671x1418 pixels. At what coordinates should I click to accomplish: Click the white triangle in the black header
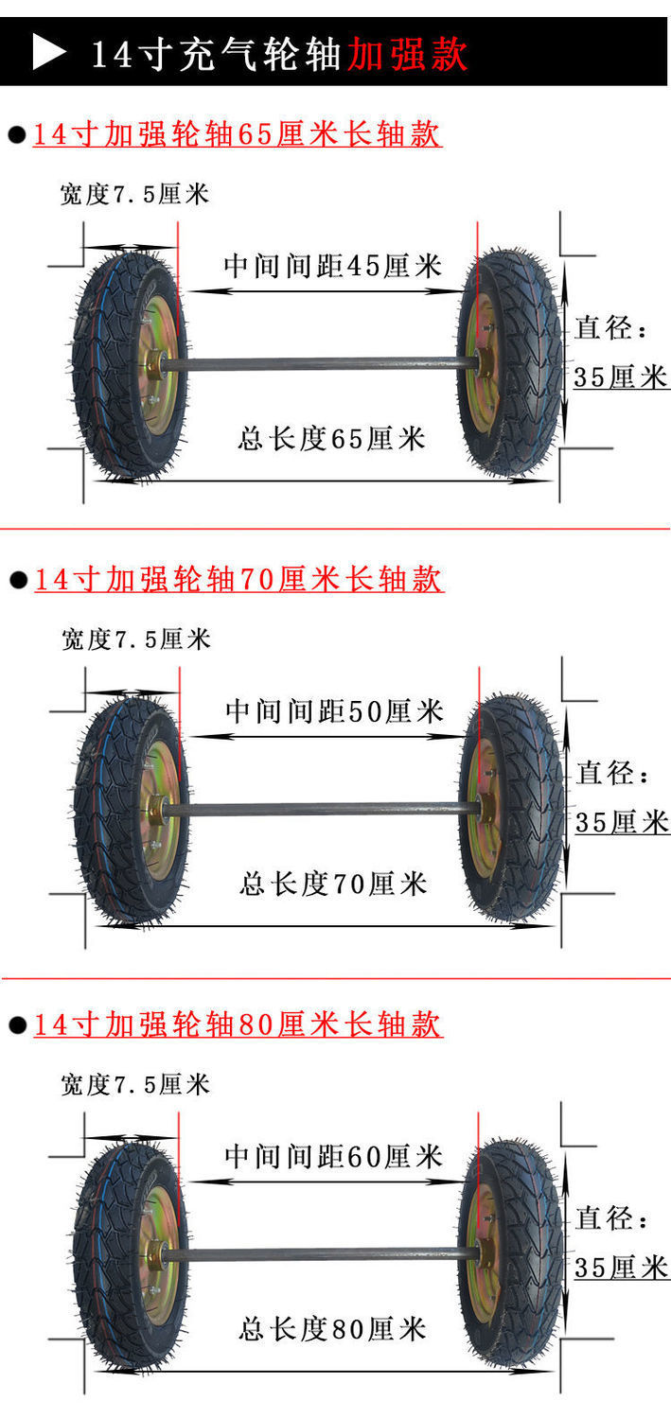pyautogui.click(x=48, y=52)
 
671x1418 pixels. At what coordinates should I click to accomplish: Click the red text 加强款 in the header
pyautogui.click(x=407, y=54)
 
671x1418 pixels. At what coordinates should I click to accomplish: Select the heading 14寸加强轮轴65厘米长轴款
pyautogui.click(x=237, y=134)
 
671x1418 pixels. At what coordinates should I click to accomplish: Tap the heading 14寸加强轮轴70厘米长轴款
pyautogui.click(x=238, y=579)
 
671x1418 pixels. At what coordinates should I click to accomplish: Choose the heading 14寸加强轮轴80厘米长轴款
pyautogui.click(x=238, y=1024)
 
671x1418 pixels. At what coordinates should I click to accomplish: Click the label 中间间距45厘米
pyautogui.click(x=332, y=266)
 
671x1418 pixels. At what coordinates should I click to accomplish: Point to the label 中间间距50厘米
pyautogui.click(x=334, y=711)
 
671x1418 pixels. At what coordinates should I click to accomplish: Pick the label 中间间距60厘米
pyautogui.click(x=333, y=1156)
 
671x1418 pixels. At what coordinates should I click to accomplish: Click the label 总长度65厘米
pyautogui.click(x=331, y=439)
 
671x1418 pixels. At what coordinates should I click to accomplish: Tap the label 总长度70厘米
pyautogui.click(x=333, y=884)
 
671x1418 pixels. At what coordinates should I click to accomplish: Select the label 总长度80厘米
pyautogui.click(x=332, y=1329)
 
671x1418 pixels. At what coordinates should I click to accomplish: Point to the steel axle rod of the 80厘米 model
pyautogui.click(x=322, y=1254)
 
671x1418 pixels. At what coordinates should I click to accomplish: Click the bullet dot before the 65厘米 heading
pyautogui.click(x=17, y=135)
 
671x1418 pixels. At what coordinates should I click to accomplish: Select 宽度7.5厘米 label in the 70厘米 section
pyautogui.click(x=136, y=639)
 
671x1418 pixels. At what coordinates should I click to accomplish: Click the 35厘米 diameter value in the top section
pyautogui.click(x=621, y=377)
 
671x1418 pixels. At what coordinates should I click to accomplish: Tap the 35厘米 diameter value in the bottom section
pyautogui.click(x=621, y=1268)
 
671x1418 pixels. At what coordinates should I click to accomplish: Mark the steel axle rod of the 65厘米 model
pyautogui.click(x=322, y=363)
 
